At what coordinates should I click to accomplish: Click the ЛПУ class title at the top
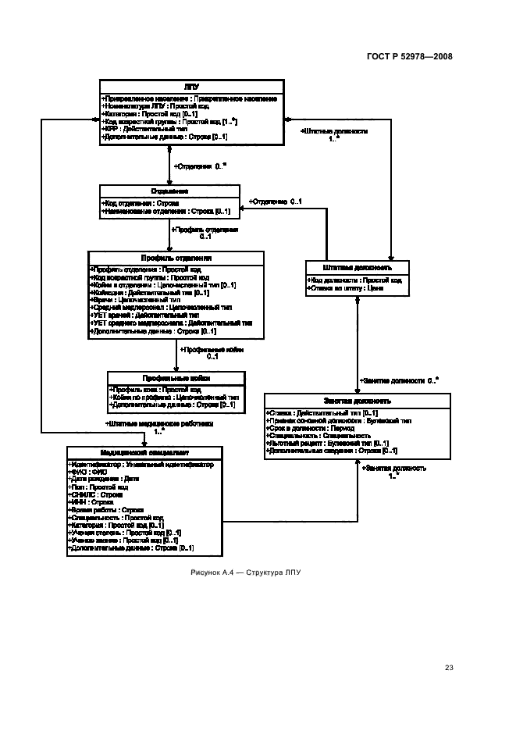(x=190, y=87)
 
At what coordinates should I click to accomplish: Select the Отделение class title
(x=169, y=191)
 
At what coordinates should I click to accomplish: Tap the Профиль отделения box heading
(x=176, y=257)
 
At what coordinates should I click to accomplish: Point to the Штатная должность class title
(x=356, y=267)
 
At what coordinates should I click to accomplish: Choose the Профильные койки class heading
(x=175, y=378)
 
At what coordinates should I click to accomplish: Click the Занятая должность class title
(x=357, y=401)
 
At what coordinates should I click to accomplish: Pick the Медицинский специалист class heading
(x=144, y=452)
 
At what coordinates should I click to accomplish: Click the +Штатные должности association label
(x=333, y=131)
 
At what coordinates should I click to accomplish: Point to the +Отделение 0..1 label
(x=276, y=201)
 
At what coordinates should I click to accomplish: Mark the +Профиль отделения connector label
(x=205, y=230)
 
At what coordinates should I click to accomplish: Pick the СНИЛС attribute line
(x=97, y=494)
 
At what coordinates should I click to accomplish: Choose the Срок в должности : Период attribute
(x=306, y=428)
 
